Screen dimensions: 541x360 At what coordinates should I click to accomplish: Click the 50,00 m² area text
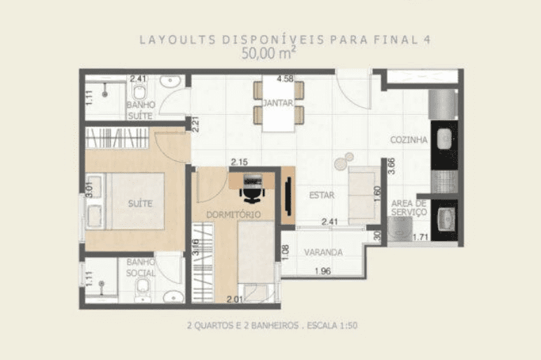click(x=268, y=53)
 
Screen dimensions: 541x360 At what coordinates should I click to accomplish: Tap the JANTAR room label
click(x=278, y=103)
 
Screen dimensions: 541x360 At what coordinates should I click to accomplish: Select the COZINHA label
click(x=409, y=139)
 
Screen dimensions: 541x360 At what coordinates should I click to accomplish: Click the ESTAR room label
click(x=322, y=195)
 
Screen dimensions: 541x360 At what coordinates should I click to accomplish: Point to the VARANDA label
click(x=323, y=252)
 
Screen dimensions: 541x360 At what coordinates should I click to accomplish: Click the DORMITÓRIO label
click(x=233, y=214)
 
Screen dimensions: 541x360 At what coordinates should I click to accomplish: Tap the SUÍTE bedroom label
click(x=140, y=203)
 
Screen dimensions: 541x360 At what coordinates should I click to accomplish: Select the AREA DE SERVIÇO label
click(x=409, y=208)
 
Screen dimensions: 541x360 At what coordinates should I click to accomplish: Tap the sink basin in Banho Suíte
click(x=170, y=82)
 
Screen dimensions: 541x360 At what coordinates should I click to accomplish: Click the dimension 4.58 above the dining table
click(x=285, y=79)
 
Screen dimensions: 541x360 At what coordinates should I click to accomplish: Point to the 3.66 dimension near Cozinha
click(x=391, y=166)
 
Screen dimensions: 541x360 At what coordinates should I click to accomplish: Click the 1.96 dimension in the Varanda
click(x=322, y=271)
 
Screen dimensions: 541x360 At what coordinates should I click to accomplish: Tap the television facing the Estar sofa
click(x=287, y=196)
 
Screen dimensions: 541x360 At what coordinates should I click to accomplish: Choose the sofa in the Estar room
click(x=363, y=195)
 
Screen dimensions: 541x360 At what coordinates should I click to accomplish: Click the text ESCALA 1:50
click(x=332, y=325)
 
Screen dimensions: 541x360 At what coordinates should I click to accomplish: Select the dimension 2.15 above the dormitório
click(x=239, y=162)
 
